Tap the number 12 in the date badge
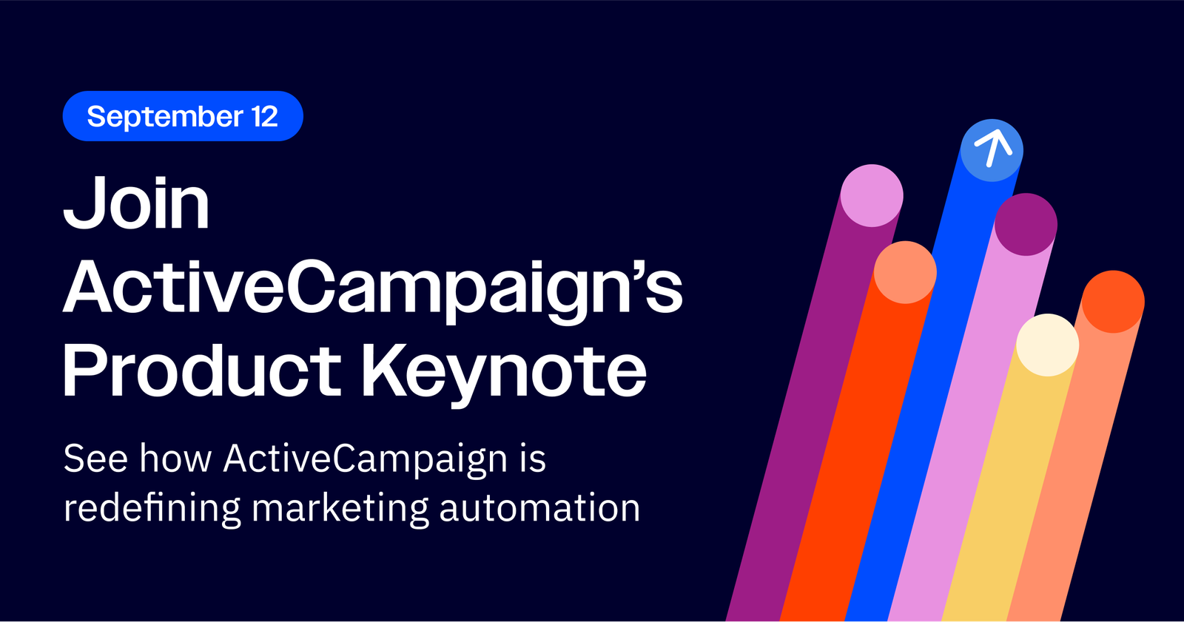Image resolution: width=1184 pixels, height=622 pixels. (265, 116)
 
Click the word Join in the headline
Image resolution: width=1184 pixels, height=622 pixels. (136, 203)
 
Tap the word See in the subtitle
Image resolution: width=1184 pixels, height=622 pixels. (95, 458)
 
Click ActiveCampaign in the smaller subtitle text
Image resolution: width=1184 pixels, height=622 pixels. (366, 460)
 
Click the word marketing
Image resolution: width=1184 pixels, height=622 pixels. (340, 508)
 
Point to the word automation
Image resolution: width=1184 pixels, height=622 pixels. (539, 508)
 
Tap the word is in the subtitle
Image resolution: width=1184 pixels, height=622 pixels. (533, 458)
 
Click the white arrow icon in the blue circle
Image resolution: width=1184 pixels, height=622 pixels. (992, 148)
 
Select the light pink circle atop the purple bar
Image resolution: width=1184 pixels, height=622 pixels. (872, 196)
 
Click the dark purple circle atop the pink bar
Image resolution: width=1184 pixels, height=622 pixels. (1026, 225)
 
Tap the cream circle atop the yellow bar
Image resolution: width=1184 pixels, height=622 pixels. (1048, 345)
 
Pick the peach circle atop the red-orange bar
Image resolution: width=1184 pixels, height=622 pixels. (905, 272)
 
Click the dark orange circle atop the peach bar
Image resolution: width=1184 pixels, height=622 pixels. (1113, 302)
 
